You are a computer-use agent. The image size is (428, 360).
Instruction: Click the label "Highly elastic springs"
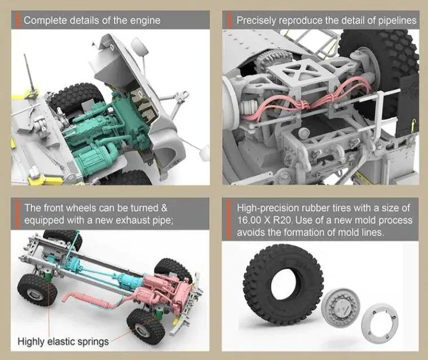[63, 341]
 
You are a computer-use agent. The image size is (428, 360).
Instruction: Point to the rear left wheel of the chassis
[37, 290]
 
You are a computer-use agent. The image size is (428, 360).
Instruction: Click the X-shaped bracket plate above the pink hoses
[298, 72]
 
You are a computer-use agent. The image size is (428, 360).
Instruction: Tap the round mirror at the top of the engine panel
[139, 47]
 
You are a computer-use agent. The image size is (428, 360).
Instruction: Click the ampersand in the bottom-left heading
[164, 208]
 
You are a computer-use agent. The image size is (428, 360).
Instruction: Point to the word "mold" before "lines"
[350, 233]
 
